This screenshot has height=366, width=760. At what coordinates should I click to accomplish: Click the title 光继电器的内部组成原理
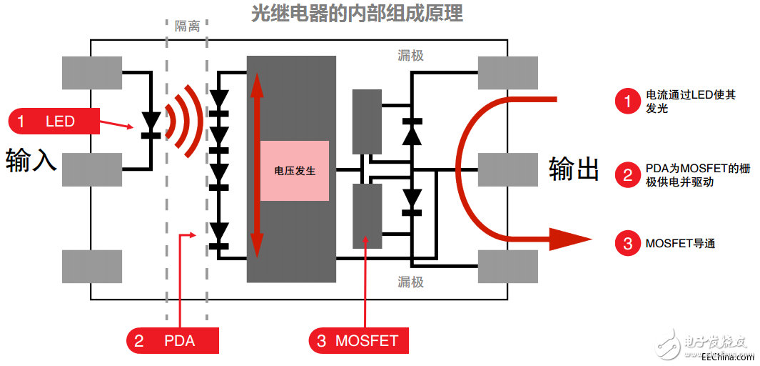[357, 14]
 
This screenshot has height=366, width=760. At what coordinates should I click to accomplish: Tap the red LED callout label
[54, 121]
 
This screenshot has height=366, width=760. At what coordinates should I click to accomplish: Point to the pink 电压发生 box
[295, 171]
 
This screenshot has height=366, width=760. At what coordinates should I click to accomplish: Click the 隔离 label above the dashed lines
[187, 26]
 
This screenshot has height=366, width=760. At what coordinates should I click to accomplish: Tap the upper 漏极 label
[411, 55]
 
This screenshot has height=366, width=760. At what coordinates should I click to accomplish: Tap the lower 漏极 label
[411, 282]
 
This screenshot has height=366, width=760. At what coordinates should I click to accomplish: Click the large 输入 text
[31, 160]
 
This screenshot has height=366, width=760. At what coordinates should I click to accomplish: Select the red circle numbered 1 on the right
[628, 102]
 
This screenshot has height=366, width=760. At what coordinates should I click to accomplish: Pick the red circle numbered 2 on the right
[628, 175]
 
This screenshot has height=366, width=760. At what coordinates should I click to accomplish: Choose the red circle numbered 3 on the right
[628, 243]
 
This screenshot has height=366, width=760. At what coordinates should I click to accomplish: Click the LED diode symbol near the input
[151, 123]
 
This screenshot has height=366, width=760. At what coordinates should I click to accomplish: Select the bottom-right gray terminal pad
[507, 266]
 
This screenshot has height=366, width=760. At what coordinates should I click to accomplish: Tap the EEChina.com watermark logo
[706, 344]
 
